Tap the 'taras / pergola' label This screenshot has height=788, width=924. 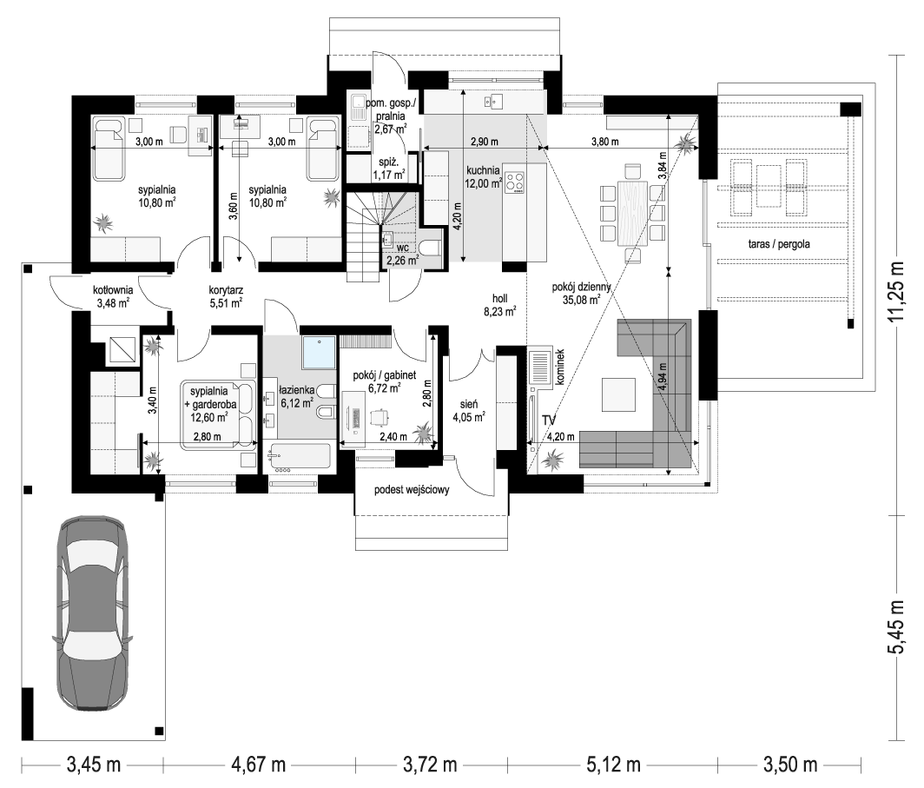pos(778,243)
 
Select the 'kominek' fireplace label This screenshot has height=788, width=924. pos(560,368)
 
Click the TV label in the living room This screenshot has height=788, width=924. pos(549,420)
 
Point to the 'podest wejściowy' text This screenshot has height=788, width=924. pos(412,490)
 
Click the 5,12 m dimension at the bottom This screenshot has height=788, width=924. pos(613,765)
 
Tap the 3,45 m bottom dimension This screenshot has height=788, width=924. pos(93,765)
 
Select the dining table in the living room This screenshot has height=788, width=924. pos(631,213)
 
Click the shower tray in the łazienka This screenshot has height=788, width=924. pos(318,353)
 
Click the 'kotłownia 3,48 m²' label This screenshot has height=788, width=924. pos(113,296)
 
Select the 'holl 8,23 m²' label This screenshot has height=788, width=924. pos(499,305)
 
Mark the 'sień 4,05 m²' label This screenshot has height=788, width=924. pos(468,411)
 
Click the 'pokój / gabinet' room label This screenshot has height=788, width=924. pos(384,374)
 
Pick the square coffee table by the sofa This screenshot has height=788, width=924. pos(618,394)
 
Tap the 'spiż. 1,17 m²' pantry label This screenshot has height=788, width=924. pos(389,168)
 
